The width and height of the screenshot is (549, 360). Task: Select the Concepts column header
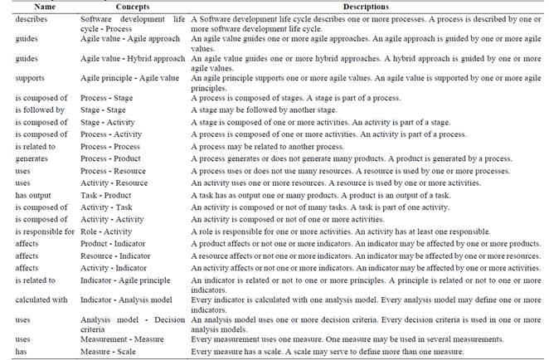coord(124,7)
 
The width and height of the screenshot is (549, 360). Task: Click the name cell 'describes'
coord(32,18)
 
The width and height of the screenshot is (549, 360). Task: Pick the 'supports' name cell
coord(30,78)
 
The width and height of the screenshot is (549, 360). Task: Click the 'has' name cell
coord(22,352)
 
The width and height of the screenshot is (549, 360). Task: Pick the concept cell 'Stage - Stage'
coord(104,109)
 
